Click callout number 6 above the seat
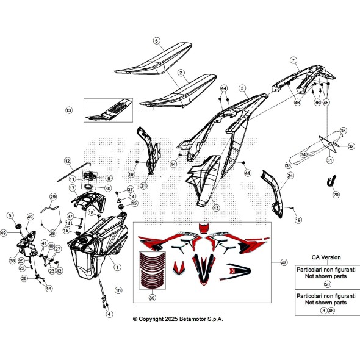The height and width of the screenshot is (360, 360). coord(156,41)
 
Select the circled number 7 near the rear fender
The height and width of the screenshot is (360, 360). coord(293,60)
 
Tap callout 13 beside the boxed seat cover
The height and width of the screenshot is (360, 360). coord(68,110)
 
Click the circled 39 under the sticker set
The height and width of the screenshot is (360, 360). coord(152,297)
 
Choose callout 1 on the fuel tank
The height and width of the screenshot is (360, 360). coord(117,267)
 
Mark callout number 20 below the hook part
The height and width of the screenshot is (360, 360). coord(336,195)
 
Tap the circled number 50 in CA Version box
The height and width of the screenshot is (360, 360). coord(327,284)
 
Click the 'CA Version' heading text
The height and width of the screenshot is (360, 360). coord(326,257)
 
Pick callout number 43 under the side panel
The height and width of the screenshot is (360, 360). coord(215,208)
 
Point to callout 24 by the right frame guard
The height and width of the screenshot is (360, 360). coord(290,176)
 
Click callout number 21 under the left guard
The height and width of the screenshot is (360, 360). coord(143,185)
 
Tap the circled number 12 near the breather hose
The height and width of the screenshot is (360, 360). coord(68,161)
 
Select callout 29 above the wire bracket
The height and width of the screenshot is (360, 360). coord(52,196)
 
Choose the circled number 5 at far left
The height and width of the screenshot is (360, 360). coord(10,215)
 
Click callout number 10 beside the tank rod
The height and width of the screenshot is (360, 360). coord(118,290)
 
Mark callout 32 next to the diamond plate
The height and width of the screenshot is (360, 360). coord(351,146)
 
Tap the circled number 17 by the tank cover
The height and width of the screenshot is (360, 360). coord(72,189)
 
